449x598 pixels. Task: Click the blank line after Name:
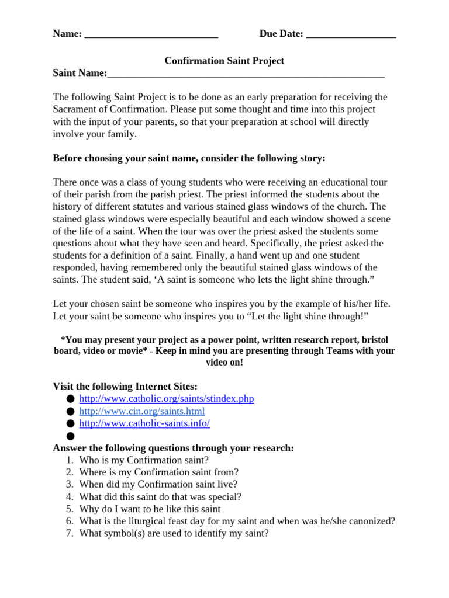pos(151,35)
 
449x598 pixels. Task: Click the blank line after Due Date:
pos(351,35)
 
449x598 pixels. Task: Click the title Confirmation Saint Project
pos(224,61)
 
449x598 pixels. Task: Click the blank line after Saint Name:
pos(246,74)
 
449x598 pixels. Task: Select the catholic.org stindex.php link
pos(166,399)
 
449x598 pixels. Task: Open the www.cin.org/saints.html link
pos(141,411)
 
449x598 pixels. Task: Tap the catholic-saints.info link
pos(144,423)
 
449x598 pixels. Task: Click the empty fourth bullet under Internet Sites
pos(71,436)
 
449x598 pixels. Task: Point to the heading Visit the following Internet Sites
pos(125,386)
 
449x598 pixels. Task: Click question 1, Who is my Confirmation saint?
pos(143,460)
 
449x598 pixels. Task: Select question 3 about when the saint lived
pos(158,484)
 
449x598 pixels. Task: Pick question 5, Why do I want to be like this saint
pos(150,509)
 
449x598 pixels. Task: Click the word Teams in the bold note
pos(331,351)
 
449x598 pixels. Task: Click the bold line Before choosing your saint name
pos(189,158)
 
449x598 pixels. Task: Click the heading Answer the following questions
pos(173,448)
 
